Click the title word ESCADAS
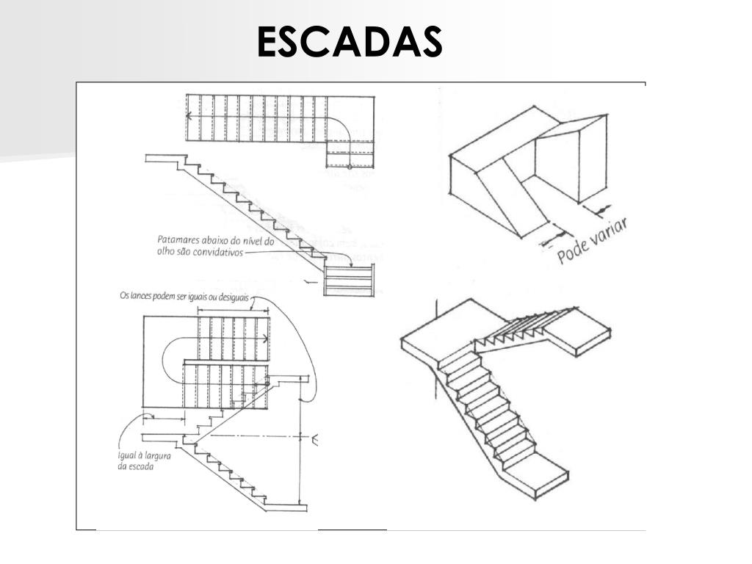pos(350,43)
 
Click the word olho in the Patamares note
pos(165,251)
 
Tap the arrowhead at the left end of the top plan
pos(189,115)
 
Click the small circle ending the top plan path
pos(349,167)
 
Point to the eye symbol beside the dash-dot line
pos(315,439)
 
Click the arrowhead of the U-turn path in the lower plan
pos(265,339)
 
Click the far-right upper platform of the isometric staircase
pos(580,331)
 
